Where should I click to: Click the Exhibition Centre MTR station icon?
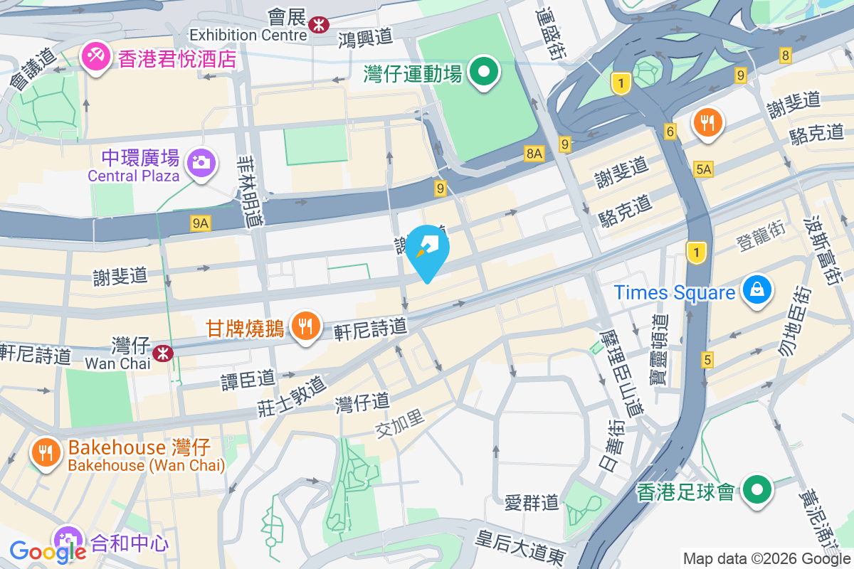318,23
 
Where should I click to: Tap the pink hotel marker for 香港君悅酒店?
93,56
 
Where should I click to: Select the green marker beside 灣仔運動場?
486,72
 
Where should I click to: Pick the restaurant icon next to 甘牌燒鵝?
306,326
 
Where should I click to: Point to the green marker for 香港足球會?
757,490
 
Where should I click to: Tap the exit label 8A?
534,152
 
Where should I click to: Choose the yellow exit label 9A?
201,223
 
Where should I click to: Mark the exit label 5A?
703,169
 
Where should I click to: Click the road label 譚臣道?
247,379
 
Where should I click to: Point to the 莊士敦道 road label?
291,396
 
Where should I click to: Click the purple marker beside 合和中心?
69,540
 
